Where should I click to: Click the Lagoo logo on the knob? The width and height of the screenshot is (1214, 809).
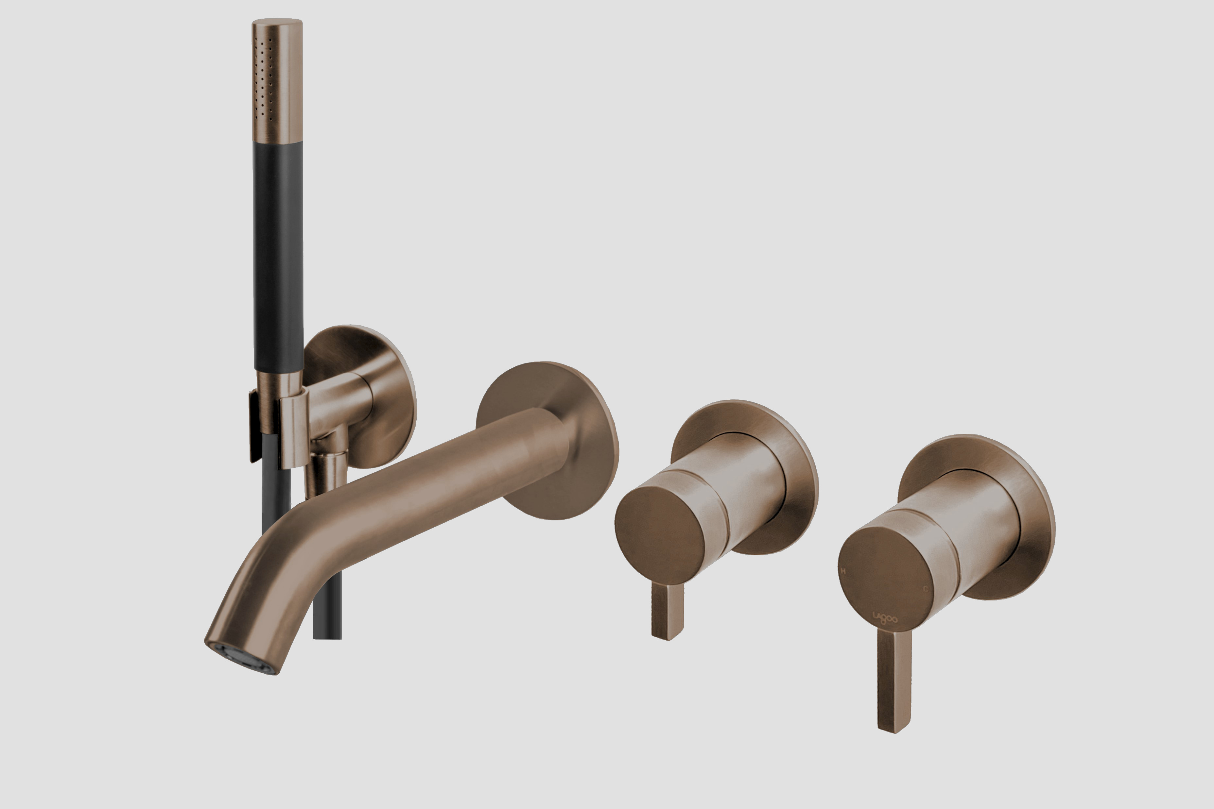(x=885, y=617)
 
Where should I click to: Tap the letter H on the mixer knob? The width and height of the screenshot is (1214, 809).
(x=844, y=571)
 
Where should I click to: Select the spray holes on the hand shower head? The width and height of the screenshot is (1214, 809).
(x=263, y=77)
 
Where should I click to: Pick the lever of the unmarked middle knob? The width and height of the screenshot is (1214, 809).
(x=668, y=611)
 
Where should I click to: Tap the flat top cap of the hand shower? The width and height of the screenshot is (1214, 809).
(x=277, y=22)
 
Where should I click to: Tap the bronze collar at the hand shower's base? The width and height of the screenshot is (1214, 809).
(x=279, y=384)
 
